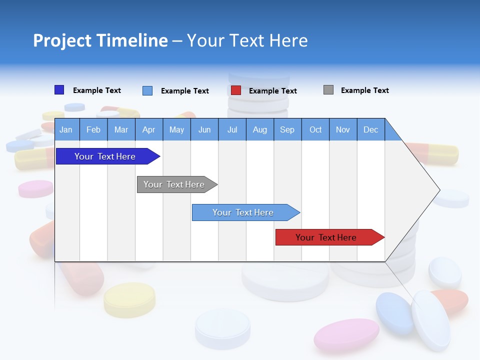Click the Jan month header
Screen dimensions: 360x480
[66, 129]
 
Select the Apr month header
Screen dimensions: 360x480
[148, 129]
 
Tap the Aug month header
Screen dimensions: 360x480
[259, 129]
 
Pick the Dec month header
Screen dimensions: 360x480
[370, 129]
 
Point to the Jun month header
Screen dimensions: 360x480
[204, 129]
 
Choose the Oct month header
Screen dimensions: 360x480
[315, 129]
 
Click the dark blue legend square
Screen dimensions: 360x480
[59, 90]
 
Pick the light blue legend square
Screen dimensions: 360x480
[147, 90]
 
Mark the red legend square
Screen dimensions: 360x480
[236, 90]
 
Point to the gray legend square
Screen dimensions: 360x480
[328, 90]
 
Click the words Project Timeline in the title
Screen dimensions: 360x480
[100, 40]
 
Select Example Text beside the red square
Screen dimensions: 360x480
[272, 91]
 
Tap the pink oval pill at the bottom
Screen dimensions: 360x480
[346, 334]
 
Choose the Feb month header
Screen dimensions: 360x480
[93, 129]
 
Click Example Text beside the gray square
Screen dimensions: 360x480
[364, 90]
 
